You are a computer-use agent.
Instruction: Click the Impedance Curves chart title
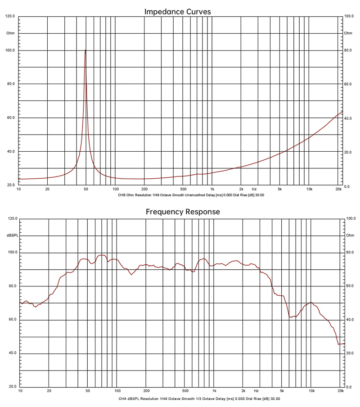pos(177,12)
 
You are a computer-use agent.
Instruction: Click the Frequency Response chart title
pos(183,212)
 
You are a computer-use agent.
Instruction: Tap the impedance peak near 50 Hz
pos(85,50)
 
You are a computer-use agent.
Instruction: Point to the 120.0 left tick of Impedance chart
pos(10,16)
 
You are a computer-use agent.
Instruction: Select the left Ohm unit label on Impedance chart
pos(10,33)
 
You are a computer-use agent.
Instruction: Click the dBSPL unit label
pos(12,235)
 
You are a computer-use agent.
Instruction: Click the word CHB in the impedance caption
pos(122,196)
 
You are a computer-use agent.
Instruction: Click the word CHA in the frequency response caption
pos(123,398)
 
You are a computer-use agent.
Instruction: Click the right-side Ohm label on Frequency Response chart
pos(350,235)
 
